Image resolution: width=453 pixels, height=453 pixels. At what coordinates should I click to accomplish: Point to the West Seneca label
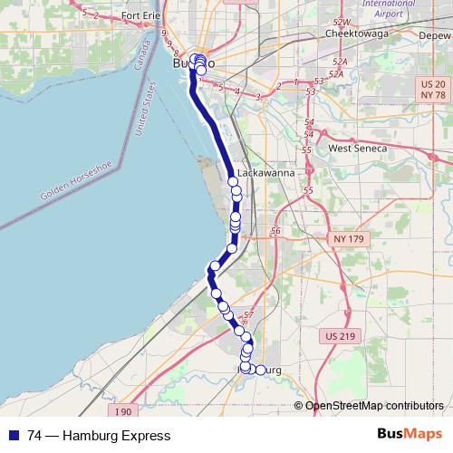click(x=358, y=148)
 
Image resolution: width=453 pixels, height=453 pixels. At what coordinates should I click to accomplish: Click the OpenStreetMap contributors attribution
click(x=374, y=405)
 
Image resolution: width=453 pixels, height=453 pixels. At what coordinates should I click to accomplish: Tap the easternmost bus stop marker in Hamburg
click(x=261, y=370)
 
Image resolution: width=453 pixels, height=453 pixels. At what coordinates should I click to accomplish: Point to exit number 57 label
click(x=249, y=313)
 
